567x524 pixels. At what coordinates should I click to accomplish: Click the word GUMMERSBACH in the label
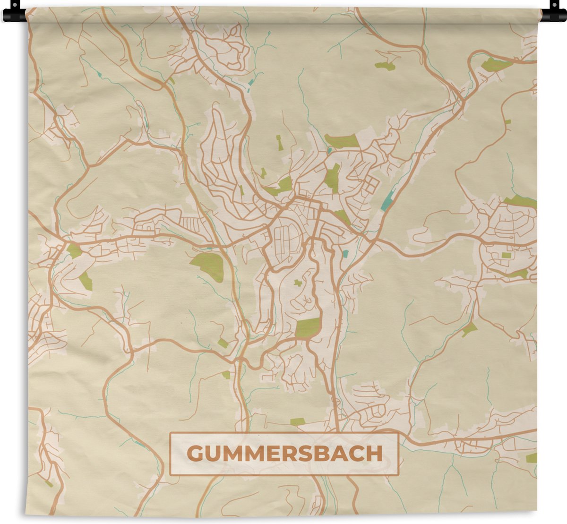click(284, 454)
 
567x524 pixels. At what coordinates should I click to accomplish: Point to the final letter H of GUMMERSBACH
click(375, 454)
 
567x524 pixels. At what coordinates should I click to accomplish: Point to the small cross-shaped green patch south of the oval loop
click(298, 283)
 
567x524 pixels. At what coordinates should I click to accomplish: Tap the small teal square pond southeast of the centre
click(345, 254)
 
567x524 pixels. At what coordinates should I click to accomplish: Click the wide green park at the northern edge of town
click(341, 140)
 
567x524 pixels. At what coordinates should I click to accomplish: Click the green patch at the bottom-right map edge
click(531, 458)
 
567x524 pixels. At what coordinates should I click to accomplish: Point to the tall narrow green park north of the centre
click(333, 178)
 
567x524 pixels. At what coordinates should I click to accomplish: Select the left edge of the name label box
click(171, 454)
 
